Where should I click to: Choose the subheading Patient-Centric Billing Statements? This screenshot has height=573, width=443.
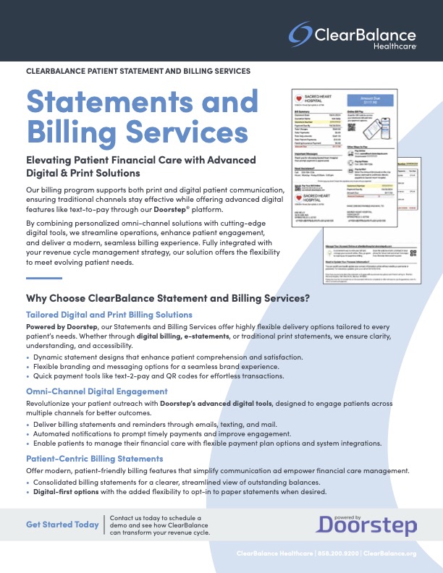point(95,459)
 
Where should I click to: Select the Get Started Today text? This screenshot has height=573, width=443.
point(62,525)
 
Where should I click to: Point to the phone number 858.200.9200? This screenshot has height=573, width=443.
point(339,554)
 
